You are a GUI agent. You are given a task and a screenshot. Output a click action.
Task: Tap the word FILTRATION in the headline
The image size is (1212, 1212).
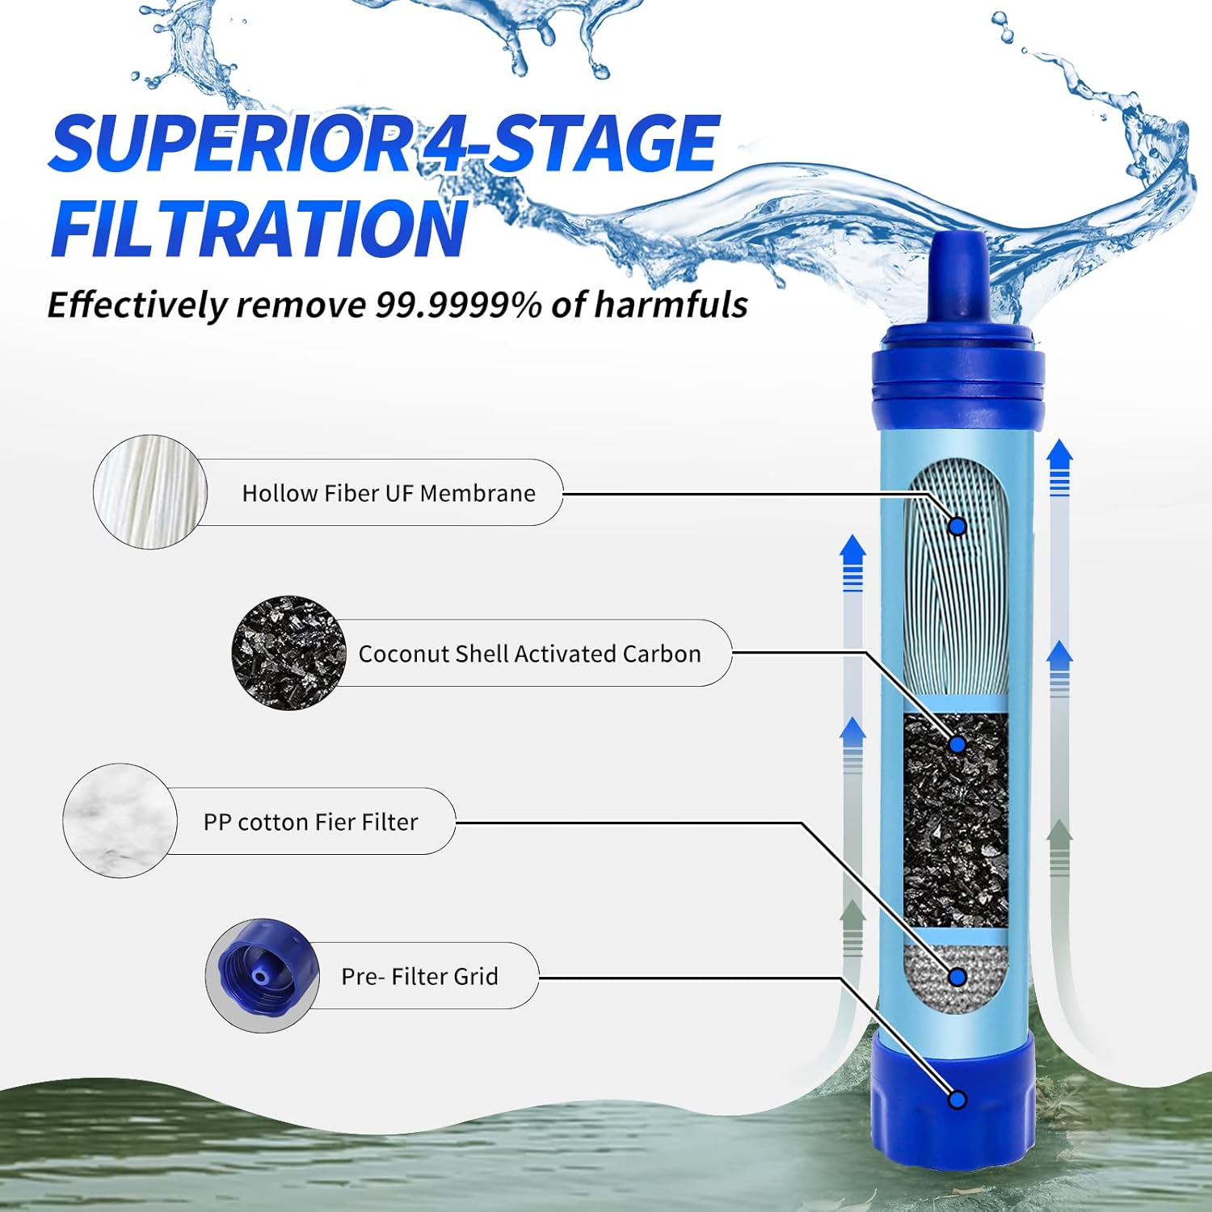[259, 229]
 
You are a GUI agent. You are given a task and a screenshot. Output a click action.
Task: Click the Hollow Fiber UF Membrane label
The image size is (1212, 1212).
[389, 493]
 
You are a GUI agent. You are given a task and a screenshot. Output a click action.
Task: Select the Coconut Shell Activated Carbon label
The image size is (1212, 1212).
[529, 654]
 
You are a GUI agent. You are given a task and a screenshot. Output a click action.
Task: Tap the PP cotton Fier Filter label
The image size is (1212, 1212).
[310, 822]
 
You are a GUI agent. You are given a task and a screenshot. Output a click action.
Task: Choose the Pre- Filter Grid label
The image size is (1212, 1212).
[419, 976]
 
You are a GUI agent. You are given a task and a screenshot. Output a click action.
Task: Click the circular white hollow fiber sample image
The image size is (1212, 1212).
[149, 492]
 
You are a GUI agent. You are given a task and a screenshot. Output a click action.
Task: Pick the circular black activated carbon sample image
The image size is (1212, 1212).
[288, 653]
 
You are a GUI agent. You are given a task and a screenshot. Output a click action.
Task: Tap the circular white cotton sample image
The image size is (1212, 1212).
[120, 820]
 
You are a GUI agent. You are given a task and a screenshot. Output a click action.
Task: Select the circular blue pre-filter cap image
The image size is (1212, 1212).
[262, 975]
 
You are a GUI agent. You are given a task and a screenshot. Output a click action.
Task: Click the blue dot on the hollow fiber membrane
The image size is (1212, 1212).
[957, 527]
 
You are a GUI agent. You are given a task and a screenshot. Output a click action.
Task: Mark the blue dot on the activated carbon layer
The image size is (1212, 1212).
[957, 744]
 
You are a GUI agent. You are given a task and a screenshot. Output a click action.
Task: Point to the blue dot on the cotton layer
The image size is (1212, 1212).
[957, 978]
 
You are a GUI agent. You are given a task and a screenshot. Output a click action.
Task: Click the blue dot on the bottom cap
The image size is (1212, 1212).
[957, 1100]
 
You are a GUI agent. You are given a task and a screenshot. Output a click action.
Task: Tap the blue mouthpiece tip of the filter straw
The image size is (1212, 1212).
[957, 275]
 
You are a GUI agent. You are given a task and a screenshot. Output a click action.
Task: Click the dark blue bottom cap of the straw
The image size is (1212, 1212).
[953, 1099]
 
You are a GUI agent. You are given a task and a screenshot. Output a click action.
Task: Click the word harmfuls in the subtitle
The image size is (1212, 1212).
[671, 305]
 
